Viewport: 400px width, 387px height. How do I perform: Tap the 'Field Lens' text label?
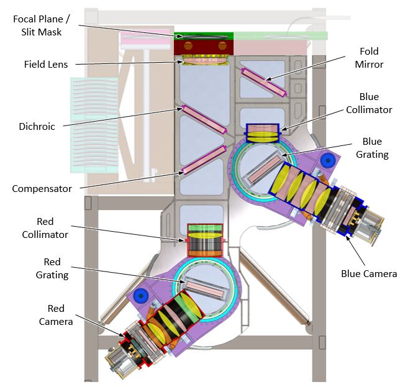tap(46, 63)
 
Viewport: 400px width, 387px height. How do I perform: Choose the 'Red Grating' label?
tap(55, 268)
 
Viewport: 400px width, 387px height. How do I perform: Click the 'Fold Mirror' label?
tap(372, 57)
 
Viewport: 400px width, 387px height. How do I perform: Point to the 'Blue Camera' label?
tap(369, 273)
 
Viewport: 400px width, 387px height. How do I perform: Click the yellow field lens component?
tap(204, 61)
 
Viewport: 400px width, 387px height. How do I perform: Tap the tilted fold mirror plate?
tap(265, 82)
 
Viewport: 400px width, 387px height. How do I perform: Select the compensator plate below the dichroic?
tap(203, 160)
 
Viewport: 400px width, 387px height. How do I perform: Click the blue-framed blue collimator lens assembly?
tap(265, 133)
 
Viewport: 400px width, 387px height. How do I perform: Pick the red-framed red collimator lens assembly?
tap(204, 239)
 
